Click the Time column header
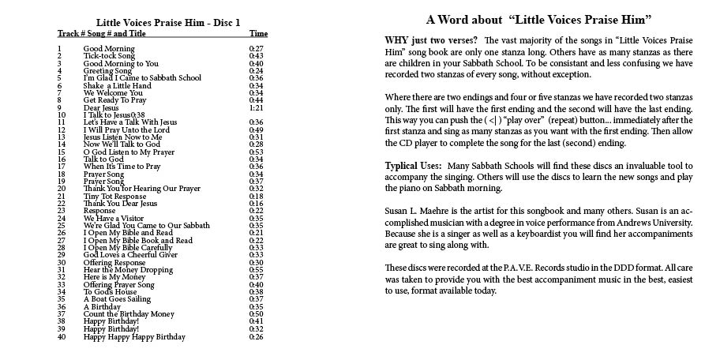click(x=258, y=34)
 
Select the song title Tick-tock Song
click(x=109, y=56)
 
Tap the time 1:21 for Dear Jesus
click(x=256, y=107)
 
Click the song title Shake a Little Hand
click(x=117, y=85)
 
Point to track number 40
click(x=62, y=337)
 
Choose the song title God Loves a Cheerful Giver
click(x=130, y=255)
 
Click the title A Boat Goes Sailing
click(x=118, y=299)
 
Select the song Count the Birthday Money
click(x=129, y=314)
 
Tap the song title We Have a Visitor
click(x=114, y=218)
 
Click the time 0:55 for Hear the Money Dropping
click(x=256, y=270)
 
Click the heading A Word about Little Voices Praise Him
click(x=538, y=20)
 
